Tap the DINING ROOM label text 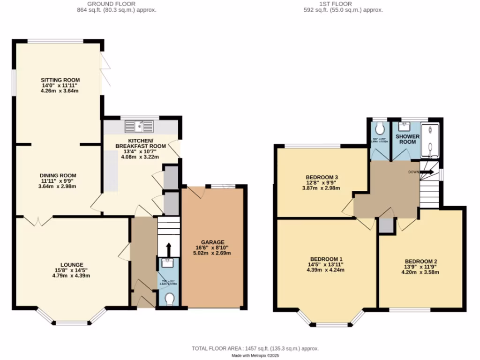(x=59, y=175)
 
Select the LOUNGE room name (x=72, y=264)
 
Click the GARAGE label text (x=213, y=242)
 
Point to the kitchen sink (x=139, y=126)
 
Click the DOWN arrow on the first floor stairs (x=427, y=172)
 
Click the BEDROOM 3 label (x=322, y=177)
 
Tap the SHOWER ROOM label (x=407, y=139)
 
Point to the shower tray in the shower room (x=430, y=140)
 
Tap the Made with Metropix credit (x=255, y=356)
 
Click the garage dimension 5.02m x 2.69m (x=213, y=253)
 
